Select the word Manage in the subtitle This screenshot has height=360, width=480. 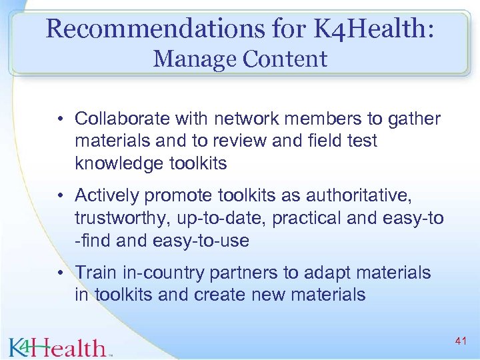click(195, 59)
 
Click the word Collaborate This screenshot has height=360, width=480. click(122, 119)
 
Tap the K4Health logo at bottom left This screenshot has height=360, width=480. click(58, 346)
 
